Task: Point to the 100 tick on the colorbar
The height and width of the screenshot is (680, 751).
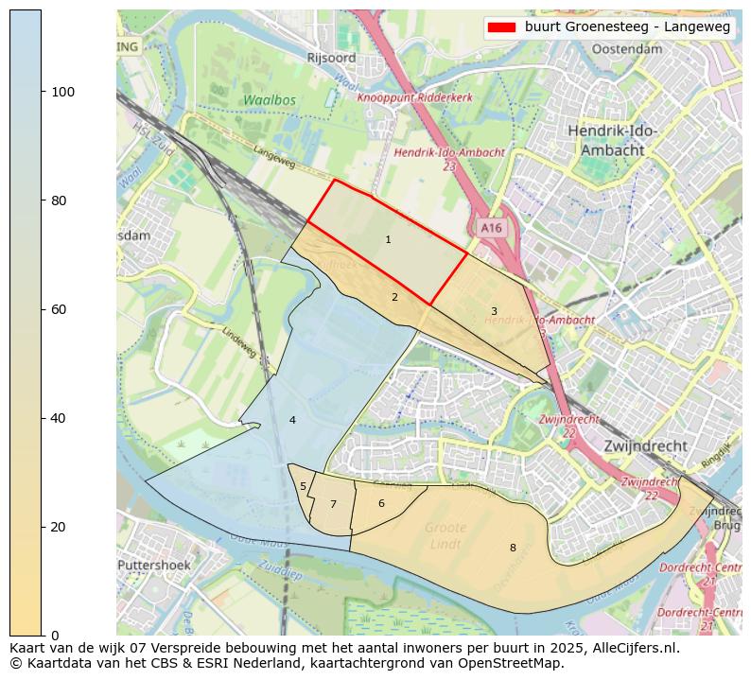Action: [x=43, y=92]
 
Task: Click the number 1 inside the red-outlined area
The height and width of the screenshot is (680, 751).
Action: [x=388, y=240]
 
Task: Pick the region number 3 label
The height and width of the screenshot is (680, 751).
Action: [x=494, y=311]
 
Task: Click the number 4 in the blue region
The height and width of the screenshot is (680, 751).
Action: [x=292, y=420]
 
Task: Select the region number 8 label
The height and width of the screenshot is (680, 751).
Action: [x=513, y=548]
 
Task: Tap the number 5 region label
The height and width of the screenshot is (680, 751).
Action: [x=303, y=487]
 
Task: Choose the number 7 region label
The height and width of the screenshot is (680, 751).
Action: [x=333, y=504]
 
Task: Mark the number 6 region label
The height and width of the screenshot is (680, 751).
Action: [x=381, y=503]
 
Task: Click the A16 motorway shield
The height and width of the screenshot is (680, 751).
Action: [x=491, y=228]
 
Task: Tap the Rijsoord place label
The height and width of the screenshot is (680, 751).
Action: [x=331, y=58]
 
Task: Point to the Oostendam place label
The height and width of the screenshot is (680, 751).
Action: [x=626, y=48]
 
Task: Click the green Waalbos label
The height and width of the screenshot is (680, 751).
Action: [x=269, y=99]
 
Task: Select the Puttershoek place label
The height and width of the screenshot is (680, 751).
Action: [x=154, y=565]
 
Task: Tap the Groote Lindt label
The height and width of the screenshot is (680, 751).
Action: [x=445, y=535]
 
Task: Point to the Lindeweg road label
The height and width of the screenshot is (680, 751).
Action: [x=239, y=342]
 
